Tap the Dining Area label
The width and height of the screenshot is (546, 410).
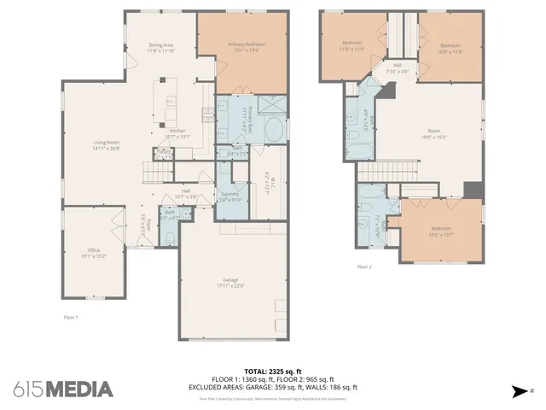tap(161, 48)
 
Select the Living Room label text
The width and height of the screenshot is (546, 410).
tap(107, 145)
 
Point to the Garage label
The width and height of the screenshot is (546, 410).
tap(232, 283)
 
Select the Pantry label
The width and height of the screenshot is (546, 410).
tap(162, 154)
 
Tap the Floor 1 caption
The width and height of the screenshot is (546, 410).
tap(71, 317)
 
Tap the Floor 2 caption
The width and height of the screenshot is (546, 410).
tap(364, 266)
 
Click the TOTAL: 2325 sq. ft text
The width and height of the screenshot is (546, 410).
tap(273, 372)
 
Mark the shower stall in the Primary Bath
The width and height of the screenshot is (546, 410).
tap(274, 105)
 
